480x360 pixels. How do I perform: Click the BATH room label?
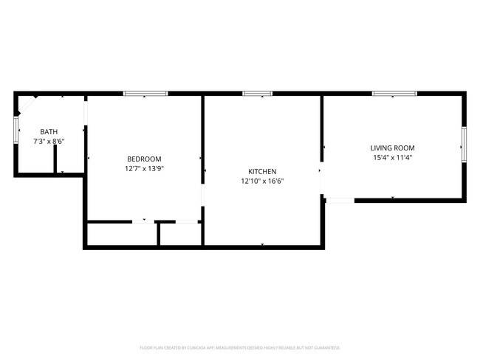tap(49, 131)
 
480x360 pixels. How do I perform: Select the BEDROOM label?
tap(144, 159)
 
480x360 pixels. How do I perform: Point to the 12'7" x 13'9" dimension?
tap(144, 168)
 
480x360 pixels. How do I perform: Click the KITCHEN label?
tap(262, 171)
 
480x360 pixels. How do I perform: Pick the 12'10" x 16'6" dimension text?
tap(262, 181)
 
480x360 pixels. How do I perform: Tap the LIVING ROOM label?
tap(393, 148)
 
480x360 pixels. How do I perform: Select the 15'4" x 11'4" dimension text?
tap(393, 157)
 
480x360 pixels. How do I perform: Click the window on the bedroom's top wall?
tap(145, 94)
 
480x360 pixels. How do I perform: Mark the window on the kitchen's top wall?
tap(258, 94)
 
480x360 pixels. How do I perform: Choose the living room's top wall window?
tap(394, 94)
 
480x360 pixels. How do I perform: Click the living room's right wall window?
tap(464, 144)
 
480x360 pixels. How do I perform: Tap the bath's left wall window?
tap(16, 129)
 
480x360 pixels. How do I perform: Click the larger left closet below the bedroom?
tap(122, 235)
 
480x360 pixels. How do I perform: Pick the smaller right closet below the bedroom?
tap(180, 235)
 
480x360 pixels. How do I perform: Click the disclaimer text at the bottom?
tap(240, 347)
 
